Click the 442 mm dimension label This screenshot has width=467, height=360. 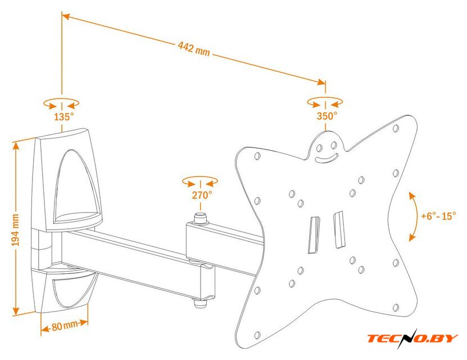point(194,49)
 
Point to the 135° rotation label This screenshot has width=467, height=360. point(64,117)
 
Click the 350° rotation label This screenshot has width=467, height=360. point(327,116)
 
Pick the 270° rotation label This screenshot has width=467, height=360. point(201,195)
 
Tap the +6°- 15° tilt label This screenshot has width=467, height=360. point(438,216)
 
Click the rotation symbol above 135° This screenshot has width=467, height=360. point(61,103)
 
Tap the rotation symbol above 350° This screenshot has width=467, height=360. point(325,102)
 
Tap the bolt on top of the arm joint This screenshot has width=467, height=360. point(200,217)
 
